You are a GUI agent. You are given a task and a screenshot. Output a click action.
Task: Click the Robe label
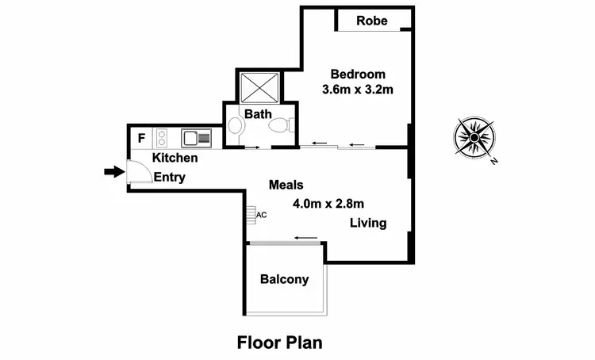(371, 21)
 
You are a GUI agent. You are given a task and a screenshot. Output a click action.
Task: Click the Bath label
(258, 114)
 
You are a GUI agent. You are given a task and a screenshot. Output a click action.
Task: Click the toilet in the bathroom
(281, 126)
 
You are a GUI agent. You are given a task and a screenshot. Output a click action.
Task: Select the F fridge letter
(141, 138)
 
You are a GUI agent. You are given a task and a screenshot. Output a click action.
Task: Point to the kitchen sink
(196, 138)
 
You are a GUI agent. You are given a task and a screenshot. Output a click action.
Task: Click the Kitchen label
(175, 158)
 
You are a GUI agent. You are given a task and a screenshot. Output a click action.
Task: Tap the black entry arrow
(114, 171)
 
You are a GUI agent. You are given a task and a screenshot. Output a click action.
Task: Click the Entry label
(169, 178)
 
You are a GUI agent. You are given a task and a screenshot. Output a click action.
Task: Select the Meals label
(286, 185)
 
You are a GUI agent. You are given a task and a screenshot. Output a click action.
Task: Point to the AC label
(261, 215)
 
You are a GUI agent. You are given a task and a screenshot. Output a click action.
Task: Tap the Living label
(368, 223)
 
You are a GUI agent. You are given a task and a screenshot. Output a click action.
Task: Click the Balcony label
(284, 279)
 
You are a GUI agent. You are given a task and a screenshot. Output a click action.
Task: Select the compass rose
(474, 137)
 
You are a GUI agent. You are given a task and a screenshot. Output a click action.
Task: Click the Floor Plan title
(280, 343)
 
